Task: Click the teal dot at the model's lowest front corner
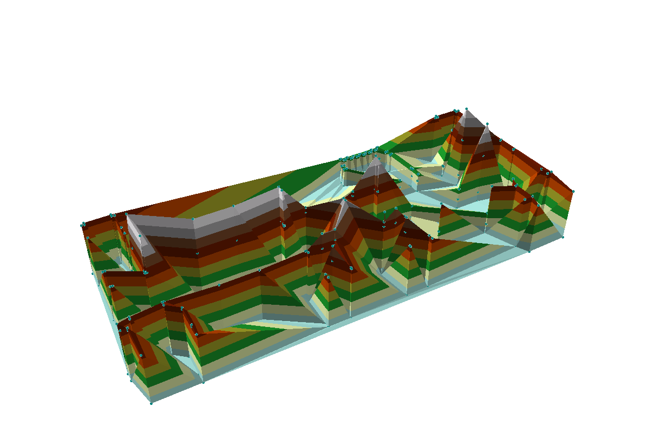point(151,403)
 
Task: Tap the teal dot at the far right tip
point(572,192)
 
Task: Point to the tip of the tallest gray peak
point(467,109)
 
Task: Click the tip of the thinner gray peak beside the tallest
point(487,125)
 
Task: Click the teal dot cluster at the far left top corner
point(83,224)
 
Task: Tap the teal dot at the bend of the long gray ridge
point(194,219)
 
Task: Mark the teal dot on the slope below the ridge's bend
point(197,253)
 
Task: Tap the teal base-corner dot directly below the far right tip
point(563,237)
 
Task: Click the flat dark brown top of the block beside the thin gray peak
point(506,189)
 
